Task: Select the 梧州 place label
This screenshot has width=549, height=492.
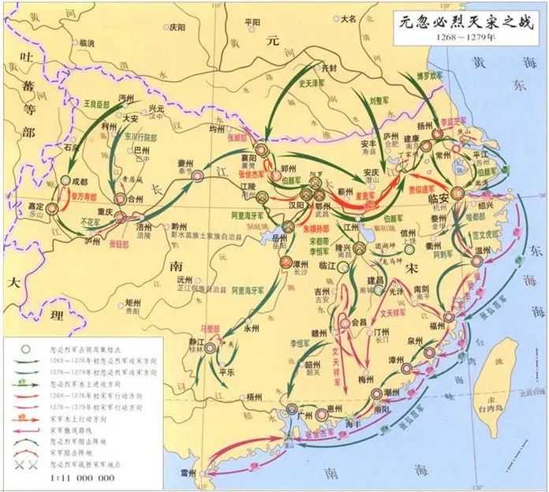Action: [x=253, y=397]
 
